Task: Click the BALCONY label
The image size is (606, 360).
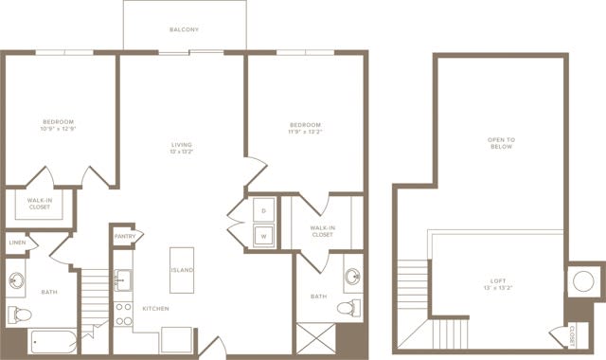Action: coord(184,30)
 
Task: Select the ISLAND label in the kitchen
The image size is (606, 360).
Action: coord(182,270)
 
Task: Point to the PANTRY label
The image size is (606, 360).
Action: coord(125,236)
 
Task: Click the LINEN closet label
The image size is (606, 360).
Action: coord(17,243)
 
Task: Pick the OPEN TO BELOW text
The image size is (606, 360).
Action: coord(500,144)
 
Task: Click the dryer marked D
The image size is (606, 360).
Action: coord(262,210)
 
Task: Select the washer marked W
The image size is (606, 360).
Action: coord(262,234)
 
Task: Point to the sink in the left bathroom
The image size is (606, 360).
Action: coord(17,281)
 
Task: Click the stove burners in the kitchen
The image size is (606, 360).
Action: coord(123,314)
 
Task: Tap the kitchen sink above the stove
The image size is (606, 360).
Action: coord(123,280)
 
